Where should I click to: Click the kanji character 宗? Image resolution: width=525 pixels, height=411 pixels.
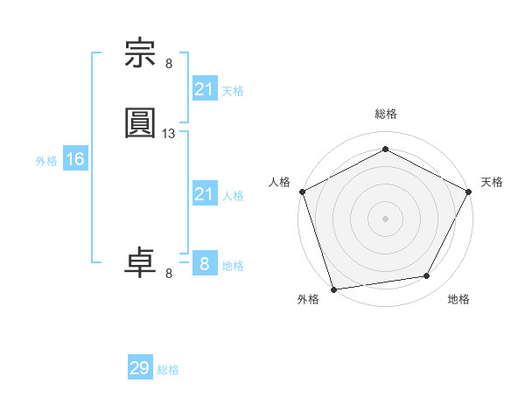point(141,54)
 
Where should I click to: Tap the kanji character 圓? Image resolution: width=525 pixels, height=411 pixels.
point(141,123)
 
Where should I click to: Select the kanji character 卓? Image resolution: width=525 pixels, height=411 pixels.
point(141,262)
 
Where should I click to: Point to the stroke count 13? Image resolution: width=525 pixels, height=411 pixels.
point(169,134)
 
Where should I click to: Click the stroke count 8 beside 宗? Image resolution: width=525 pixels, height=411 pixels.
point(169,63)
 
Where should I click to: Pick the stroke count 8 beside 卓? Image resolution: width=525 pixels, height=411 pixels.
point(169,274)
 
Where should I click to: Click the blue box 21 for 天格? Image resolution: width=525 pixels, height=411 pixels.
point(204,88)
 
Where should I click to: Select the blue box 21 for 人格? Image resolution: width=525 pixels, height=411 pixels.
point(204,194)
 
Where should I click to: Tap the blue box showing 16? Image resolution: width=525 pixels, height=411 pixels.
point(75,159)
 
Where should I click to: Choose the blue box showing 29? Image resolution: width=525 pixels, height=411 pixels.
point(140,368)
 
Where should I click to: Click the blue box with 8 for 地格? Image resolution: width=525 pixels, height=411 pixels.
point(204,264)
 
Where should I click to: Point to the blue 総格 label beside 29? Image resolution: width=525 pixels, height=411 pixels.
point(168,370)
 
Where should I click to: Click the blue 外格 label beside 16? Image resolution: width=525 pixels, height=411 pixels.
point(46,161)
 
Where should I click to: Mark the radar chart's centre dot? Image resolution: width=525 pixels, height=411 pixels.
point(385,218)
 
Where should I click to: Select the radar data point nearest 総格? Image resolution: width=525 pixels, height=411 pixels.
point(385,150)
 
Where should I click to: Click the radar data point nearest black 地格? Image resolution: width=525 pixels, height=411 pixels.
point(427,276)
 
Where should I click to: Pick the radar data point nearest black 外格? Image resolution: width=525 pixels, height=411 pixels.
point(333,289)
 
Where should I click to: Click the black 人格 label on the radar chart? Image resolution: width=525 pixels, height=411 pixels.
point(280,182)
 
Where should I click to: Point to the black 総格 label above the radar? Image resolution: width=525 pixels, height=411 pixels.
point(385,114)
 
